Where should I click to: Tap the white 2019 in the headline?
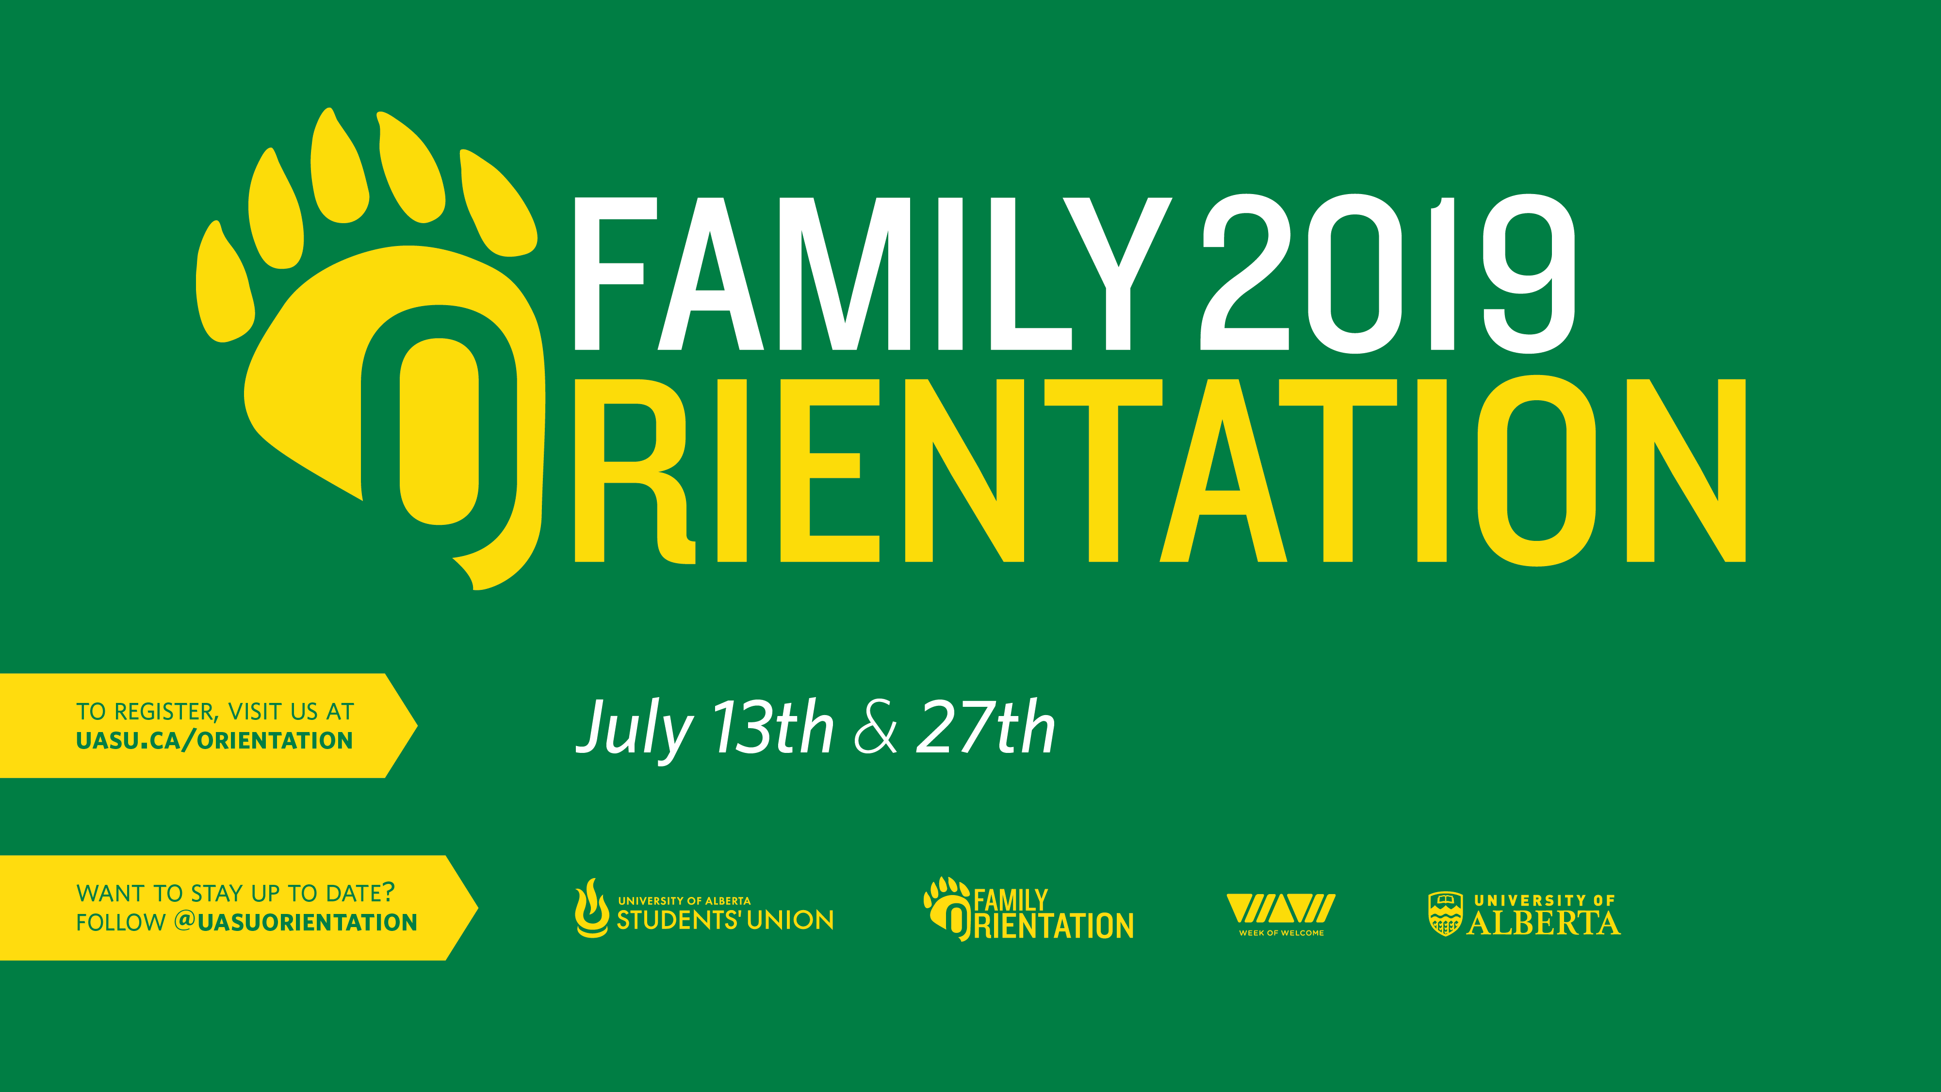tap(1388, 274)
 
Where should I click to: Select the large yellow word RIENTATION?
tap(1160, 470)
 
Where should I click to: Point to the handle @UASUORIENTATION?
tap(295, 922)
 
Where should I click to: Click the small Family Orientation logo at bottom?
tap(1028, 909)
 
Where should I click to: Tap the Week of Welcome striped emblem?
tap(1281, 908)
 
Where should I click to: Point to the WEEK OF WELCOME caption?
tap(1281, 933)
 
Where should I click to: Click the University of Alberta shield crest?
tap(1445, 913)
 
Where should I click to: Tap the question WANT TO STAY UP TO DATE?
tap(236, 893)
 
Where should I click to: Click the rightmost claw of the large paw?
tap(497, 203)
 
